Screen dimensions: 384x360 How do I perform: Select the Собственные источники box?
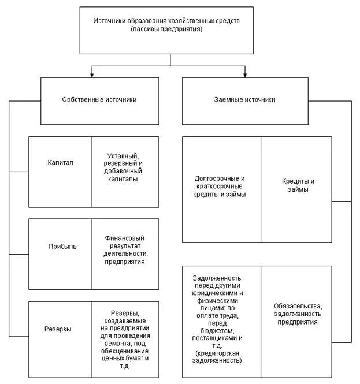(x=99, y=100)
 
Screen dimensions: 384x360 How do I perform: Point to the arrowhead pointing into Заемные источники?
(x=245, y=74)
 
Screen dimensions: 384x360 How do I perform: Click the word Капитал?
(x=60, y=163)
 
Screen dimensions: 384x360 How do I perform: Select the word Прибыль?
(x=62, y=246)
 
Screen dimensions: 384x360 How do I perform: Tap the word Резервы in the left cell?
(x=58, y=329)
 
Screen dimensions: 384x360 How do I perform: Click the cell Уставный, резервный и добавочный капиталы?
(x=125, y=167)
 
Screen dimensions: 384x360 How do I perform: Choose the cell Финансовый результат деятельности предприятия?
(x=125, y=249)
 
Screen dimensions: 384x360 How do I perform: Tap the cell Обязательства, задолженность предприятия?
(x=296, y=314)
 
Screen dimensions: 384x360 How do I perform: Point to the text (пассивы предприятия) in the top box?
(x=166, y=29)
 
